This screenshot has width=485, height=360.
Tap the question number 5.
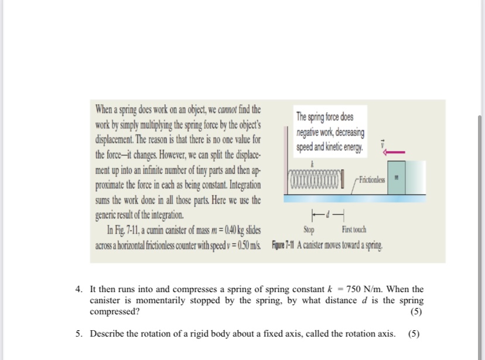point(78,334)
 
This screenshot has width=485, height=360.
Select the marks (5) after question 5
point(414,334)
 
